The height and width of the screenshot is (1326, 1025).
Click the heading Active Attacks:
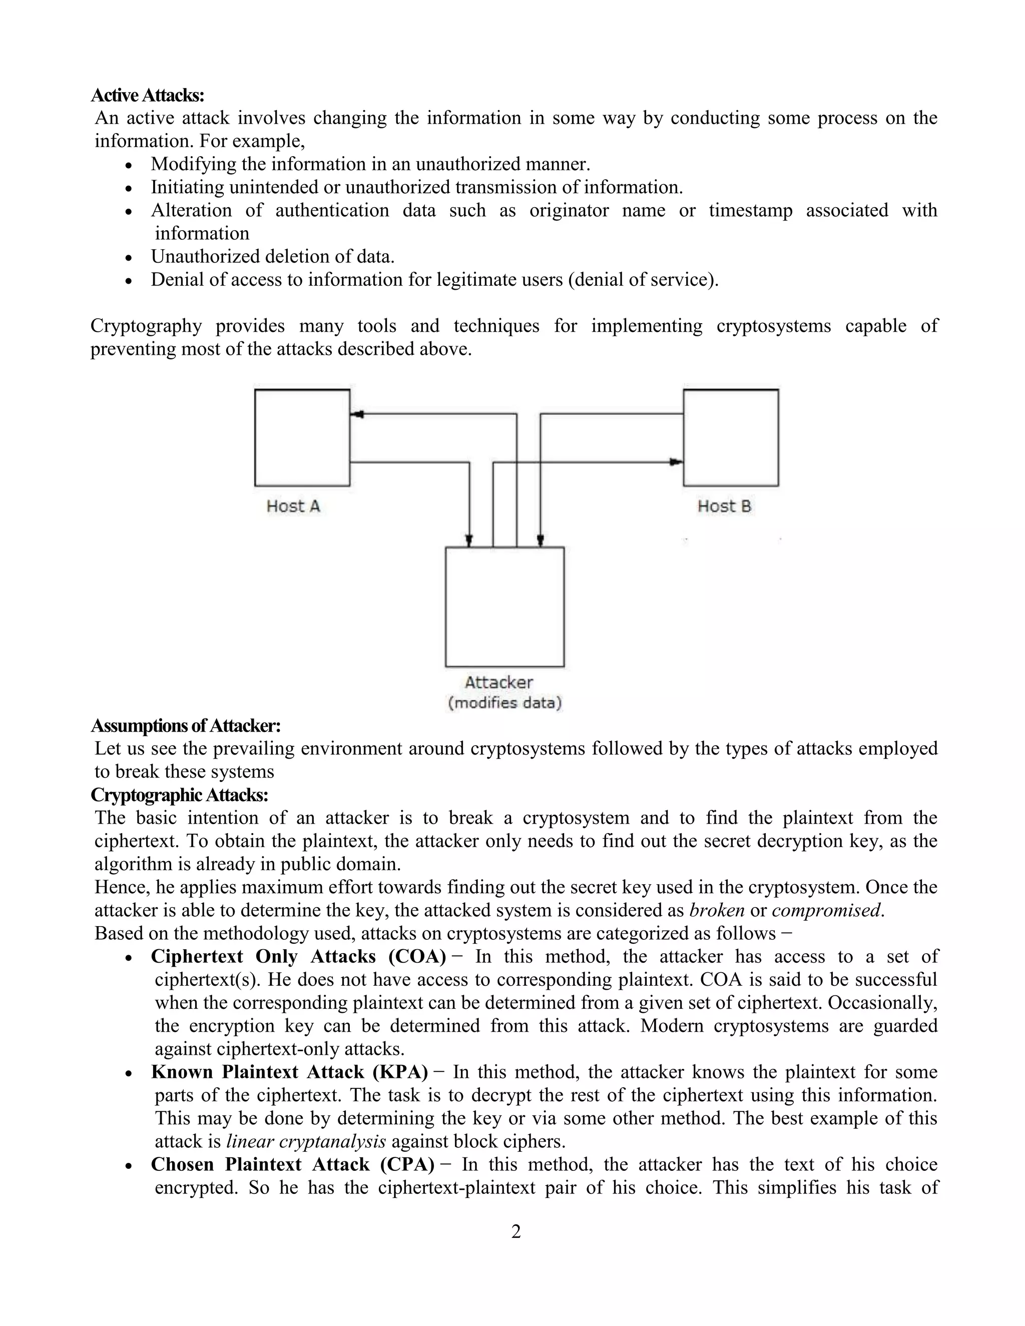point(148,95)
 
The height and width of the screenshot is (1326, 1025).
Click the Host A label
point(293,506)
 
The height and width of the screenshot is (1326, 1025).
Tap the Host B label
point(724,506)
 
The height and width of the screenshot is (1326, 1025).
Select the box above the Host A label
point(302,438)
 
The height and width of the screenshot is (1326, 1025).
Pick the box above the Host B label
point(731,438)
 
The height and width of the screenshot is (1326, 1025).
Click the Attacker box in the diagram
point(504,607)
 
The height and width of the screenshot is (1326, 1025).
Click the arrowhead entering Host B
point(676,462)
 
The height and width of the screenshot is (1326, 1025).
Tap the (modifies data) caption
point(504,703)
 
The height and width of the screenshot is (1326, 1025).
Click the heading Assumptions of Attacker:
point(185,726)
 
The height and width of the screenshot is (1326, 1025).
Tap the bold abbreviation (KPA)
point(400,1072)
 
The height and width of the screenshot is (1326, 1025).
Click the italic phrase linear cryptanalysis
point(306,1141)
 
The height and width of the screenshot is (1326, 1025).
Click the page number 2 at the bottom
point(516,1232)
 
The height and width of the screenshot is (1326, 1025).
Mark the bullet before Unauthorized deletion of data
point(128,257)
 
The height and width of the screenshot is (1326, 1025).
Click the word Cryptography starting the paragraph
point(146,326)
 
